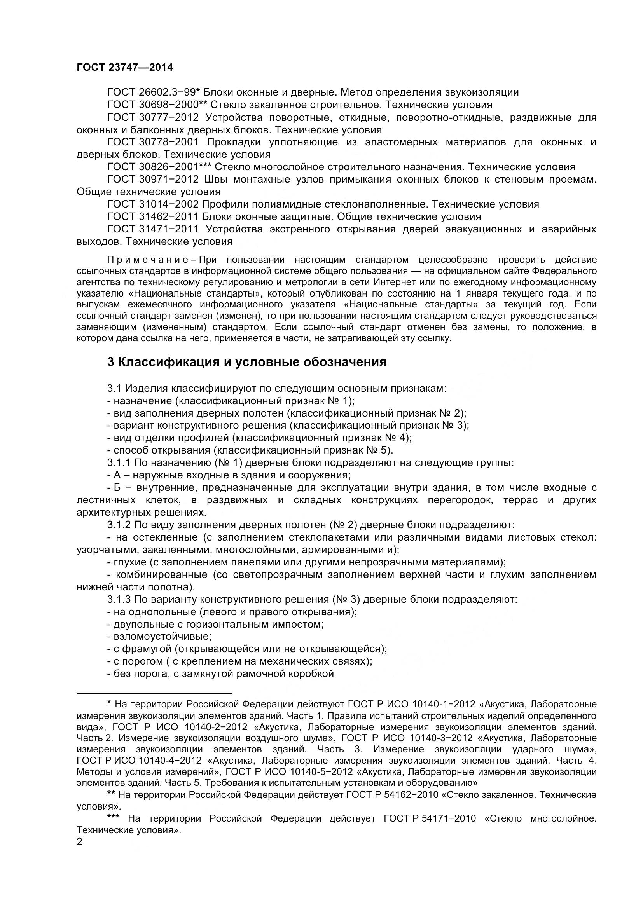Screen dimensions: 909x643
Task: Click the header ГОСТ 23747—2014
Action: pyautogui.click(x=125, y=67)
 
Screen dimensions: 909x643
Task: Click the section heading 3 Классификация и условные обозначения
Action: pyautogui.click(x=247, y=362)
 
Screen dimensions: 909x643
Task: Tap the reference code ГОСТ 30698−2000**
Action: pyautogui.click(x=157, y=105)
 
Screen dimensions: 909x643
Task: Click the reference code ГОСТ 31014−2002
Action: pyautogui.click(x=153, y=204)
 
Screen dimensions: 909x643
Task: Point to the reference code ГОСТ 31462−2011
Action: pyautogui.click(x=153, y=216)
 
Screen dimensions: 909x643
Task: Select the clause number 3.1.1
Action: pyautogui.click(x=119, y=462)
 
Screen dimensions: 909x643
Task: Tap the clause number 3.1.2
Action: pyautogui.click(x=119, y=525)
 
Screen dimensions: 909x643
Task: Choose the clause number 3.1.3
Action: pyautogui.click(x=119, y=599)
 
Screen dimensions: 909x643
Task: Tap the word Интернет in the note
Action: pyautogui.click(x=396, y=282)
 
